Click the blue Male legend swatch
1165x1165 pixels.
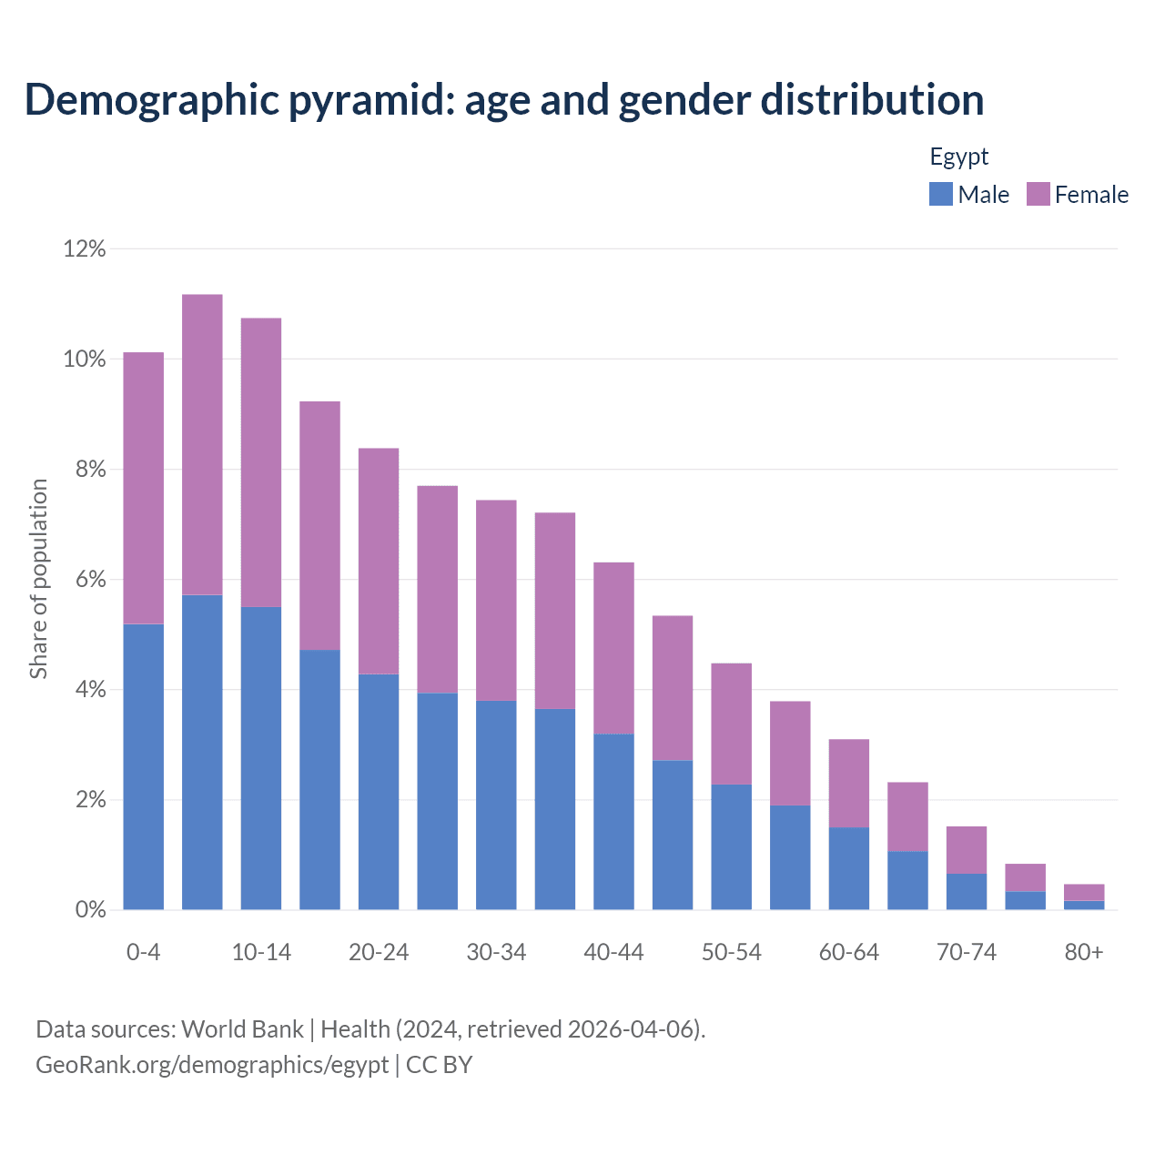940,194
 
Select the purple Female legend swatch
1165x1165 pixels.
1038,194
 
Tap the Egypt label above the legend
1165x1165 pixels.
958,157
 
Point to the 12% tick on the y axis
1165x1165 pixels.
85,248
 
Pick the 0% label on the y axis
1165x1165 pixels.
90,910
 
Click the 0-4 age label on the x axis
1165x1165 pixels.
143,952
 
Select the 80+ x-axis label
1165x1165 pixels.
1083,952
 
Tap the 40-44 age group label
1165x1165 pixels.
613,952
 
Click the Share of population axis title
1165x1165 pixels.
38,579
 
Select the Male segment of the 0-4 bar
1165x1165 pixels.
143,766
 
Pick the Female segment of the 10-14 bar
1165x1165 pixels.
261,462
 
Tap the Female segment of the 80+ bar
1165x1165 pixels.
1083,892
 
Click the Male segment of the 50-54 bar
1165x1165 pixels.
731,846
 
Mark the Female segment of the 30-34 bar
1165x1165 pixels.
496,601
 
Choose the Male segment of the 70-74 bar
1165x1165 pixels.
966,892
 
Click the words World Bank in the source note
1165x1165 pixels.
242,1029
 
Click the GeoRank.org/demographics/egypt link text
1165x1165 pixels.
212,1065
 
